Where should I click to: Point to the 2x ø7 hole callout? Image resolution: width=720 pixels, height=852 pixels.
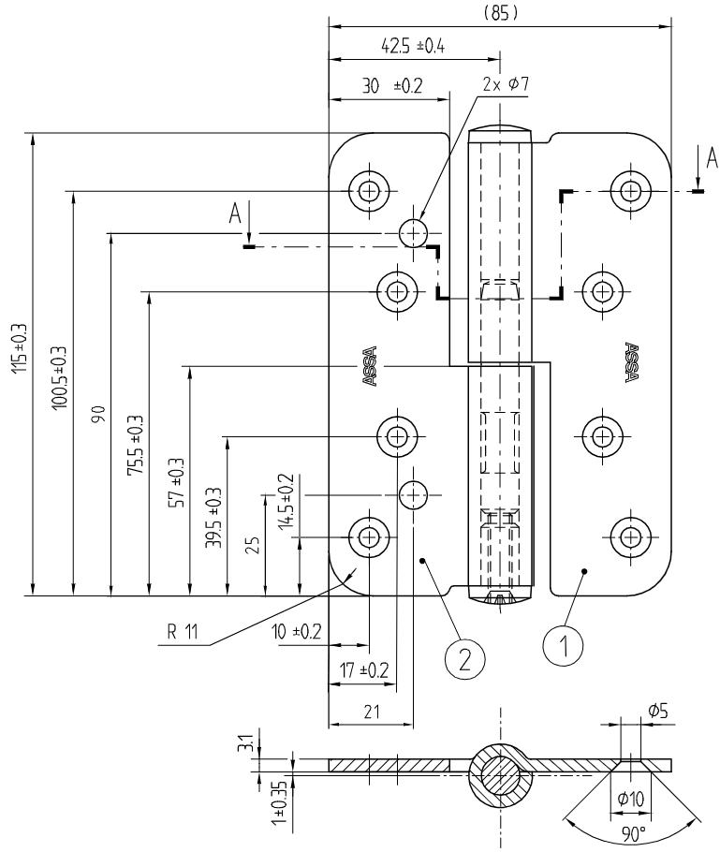coord(506,84)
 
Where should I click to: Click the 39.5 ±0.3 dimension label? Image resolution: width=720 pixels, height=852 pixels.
coord(214,519)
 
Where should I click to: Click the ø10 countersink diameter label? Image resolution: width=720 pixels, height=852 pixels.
coord(632,798)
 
